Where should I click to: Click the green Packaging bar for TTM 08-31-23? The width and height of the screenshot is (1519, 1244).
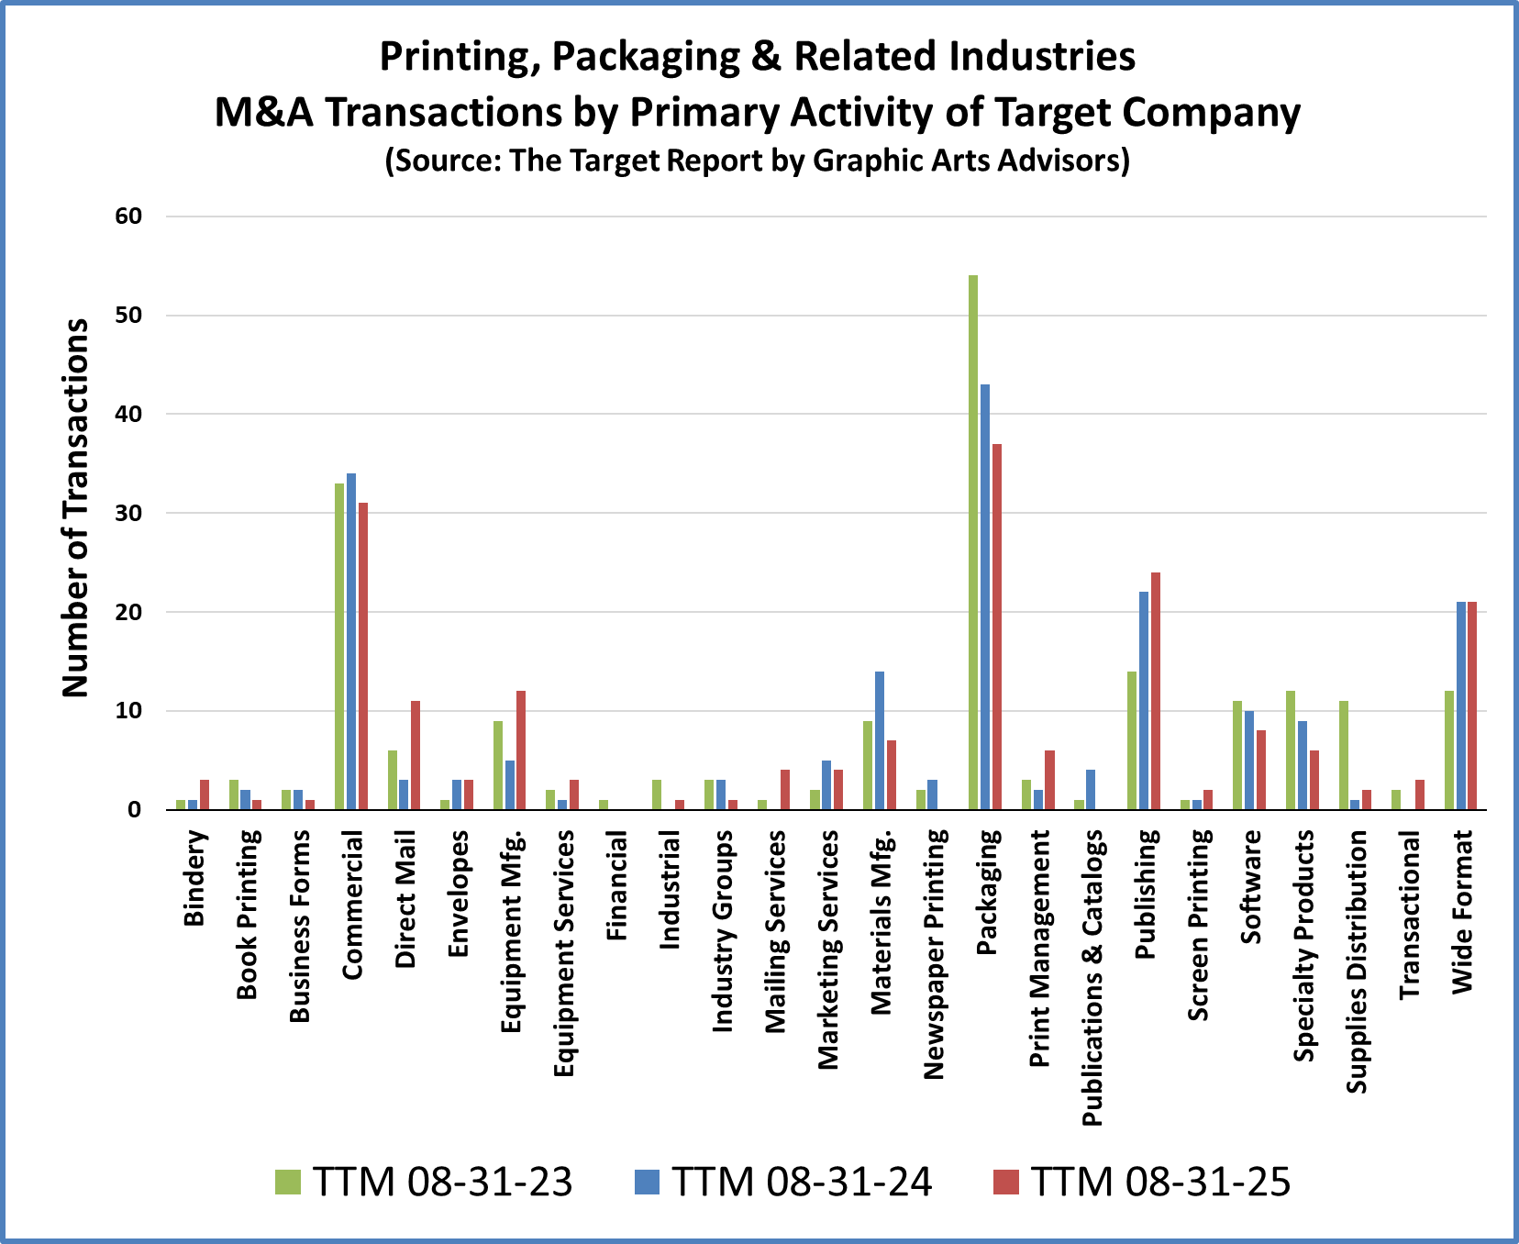[x=972, y=541]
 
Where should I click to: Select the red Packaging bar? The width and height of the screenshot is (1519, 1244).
[x=996, y=627]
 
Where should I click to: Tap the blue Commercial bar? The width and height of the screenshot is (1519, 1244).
[x=351, y=641]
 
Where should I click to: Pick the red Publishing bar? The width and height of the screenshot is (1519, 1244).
[x=1155, y=691]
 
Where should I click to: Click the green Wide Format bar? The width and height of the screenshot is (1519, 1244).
[x=1449, y=750]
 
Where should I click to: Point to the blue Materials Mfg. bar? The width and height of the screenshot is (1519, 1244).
[x=879, y=740]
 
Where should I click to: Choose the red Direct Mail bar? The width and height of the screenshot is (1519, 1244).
[x=416, y=755]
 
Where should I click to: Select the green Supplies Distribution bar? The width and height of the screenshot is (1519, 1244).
[x=1344, y=755]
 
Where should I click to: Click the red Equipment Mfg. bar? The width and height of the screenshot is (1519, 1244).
[x=521, y=750]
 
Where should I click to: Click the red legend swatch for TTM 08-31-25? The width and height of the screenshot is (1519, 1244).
[x=1006, y=1182]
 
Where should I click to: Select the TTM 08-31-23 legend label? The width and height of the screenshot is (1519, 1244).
[x=442, y=1182]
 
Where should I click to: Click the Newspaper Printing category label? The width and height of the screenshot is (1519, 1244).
[x=934, y=954]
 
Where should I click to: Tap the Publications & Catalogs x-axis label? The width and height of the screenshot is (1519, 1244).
[x=1092, y=977]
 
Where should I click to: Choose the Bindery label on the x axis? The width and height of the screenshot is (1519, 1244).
[x=194, y=878]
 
